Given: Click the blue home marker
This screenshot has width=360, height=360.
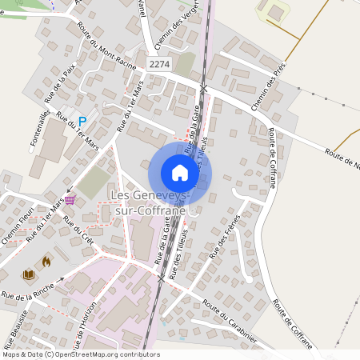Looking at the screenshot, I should (180, 172).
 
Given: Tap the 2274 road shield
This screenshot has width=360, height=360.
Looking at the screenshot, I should (159, 63).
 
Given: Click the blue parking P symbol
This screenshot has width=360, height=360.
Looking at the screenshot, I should (82, 121).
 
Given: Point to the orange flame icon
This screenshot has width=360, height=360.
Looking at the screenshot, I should (46, 260).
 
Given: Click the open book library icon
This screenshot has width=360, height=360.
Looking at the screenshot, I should (29, 274).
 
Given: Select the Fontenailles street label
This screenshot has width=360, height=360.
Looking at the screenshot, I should (40, 126).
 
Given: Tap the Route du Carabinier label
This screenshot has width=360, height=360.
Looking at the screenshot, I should (230, 322).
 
